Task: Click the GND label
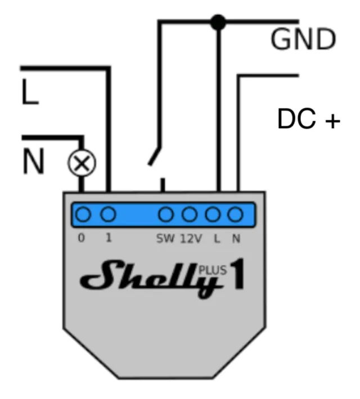click(303, 39)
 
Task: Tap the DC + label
click(309, 120)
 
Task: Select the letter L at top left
click(30, 93)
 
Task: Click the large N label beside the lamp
click(33, 162)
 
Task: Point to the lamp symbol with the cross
click(82, 164)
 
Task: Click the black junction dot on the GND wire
click(218, 22)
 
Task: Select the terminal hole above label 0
click(83, 214)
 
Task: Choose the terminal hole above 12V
click(190, 214)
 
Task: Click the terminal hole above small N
click(235, 214)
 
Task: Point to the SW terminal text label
click(166, 238)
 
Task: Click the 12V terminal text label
click(191, 238)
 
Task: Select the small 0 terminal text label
click(82, 238)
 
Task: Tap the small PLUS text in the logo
click(213, 270)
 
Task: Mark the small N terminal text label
click(236, 238)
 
